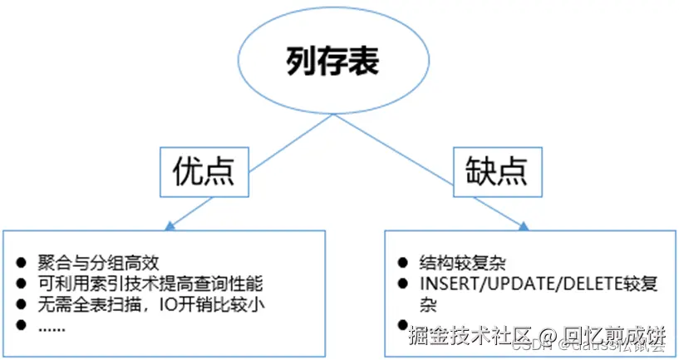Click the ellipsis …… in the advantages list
coord(52,326)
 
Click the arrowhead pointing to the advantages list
coord(170,224)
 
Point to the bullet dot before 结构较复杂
coord(402,263)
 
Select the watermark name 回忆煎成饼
coord(616,338)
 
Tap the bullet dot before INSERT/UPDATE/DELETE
coord(402,284)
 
